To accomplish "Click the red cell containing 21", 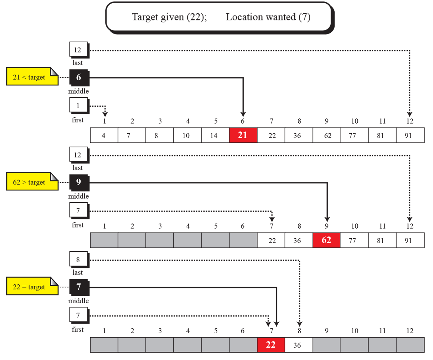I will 243,135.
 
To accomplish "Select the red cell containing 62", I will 327,240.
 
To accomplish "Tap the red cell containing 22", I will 271,345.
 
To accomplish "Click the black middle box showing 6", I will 78,77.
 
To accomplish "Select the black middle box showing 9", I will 78,182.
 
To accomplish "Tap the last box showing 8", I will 78,259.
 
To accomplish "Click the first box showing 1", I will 78,105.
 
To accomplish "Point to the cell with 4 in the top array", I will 104,135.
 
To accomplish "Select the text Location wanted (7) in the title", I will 268,17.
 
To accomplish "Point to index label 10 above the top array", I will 355,121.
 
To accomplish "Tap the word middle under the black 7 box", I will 78,301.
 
